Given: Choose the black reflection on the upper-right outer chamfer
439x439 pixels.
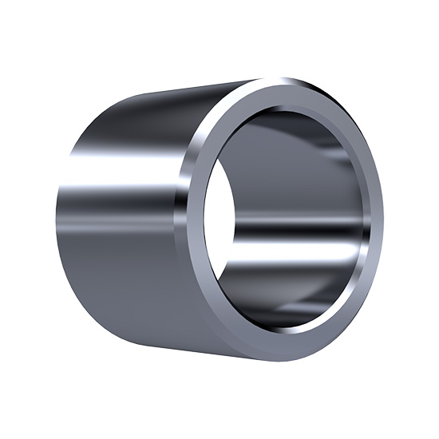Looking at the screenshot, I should (x=351, y=120).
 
